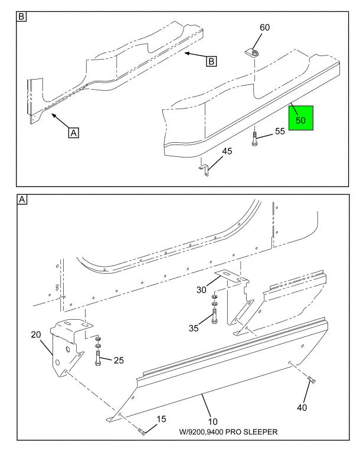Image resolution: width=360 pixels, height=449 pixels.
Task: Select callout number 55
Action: (x=280, y=132)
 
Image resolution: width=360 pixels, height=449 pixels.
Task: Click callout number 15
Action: (x=161, y=419)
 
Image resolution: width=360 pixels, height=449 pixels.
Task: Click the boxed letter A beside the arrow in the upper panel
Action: (x=73, y=133)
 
